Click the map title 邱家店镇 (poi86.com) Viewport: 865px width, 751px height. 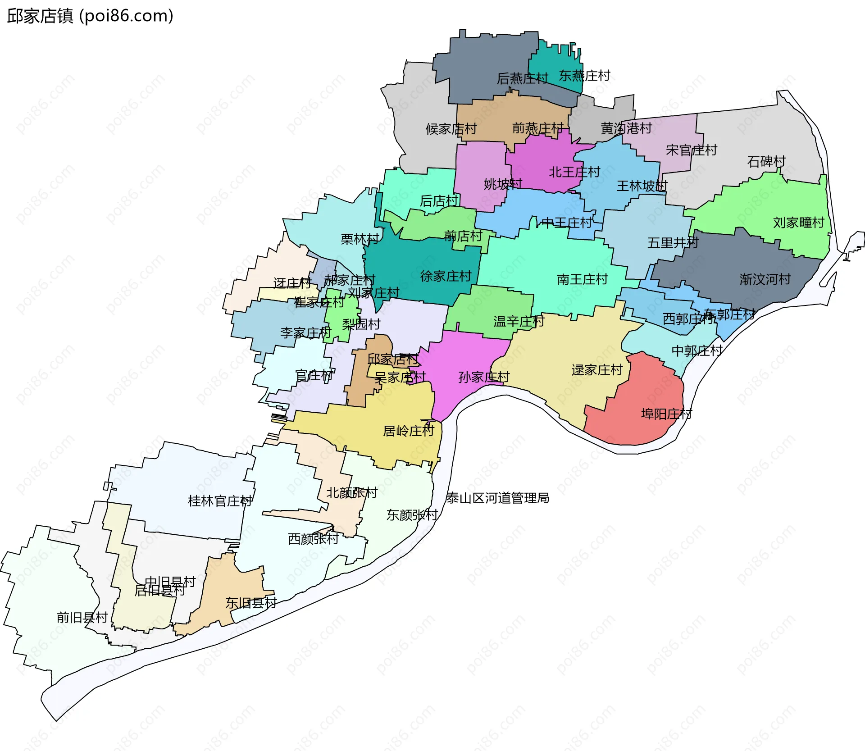pos(90,16)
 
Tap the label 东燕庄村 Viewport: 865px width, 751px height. pos(584,76)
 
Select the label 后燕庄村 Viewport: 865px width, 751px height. pos(522,79)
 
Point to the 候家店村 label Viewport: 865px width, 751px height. pos(451,129)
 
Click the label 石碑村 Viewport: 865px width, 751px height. pos(766,161)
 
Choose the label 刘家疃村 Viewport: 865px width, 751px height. pos(798,223)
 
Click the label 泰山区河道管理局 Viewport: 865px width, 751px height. pos(497,498)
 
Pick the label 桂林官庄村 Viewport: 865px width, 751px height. pos(220,501)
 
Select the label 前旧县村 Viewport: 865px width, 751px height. pos(82,617)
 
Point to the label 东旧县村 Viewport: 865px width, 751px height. pos(251,603)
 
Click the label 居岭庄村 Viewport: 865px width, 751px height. pos(408,431)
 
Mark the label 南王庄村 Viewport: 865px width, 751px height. pos(582,279)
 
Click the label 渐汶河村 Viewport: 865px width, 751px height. pos(765,279)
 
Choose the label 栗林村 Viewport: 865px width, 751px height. pos(360,239)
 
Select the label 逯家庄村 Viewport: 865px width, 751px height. pos(597,370)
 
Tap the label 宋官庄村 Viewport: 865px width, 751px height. pos(691,150)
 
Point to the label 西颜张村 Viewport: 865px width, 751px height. pos(313,539)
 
